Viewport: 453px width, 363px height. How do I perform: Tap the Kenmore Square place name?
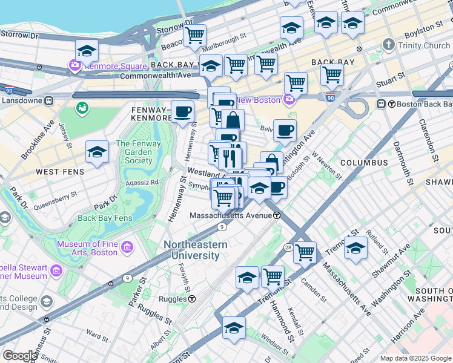[116, 66]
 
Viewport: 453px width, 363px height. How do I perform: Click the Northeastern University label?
[196, 250]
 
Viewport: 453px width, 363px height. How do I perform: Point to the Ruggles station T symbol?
[192, 299]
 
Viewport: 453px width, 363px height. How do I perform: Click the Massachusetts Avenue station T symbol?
[276, 215]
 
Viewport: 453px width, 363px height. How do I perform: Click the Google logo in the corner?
[19, 356]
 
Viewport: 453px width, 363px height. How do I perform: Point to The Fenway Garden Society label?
[134, 152]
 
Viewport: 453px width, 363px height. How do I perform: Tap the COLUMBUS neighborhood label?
[363, 163]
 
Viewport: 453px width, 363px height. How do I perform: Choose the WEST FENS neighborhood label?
[56, 172]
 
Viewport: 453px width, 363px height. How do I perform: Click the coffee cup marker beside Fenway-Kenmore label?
[182, 111]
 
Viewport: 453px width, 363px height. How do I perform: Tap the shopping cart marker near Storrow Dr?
[194, 35]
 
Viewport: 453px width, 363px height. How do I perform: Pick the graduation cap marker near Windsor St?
[234, 327]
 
